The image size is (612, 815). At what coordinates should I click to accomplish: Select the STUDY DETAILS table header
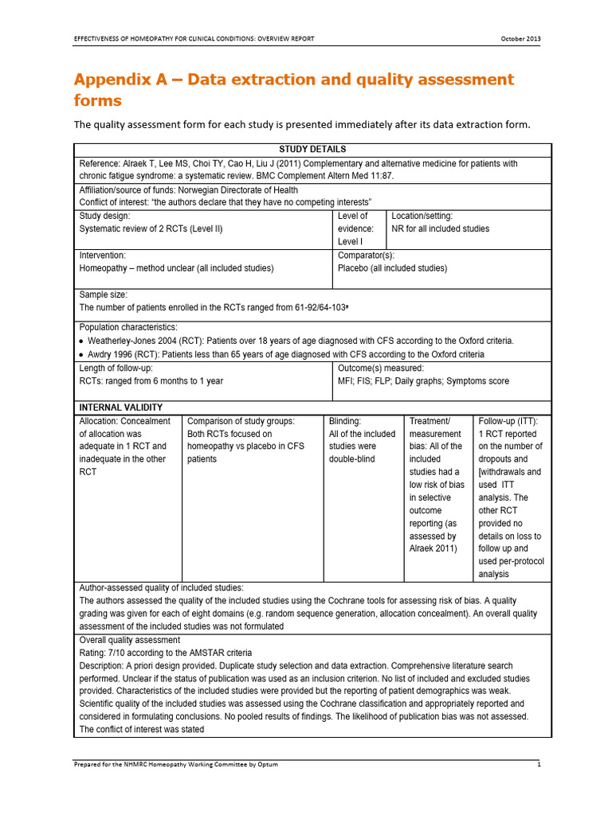[312, 150]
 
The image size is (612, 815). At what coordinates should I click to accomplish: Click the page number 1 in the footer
[539, 764]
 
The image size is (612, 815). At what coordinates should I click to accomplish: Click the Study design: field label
[104, 216]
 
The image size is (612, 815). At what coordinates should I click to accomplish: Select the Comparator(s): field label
[366, 255]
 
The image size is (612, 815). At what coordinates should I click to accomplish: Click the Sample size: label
[104, 294]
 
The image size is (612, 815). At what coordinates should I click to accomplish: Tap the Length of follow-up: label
[116, 369]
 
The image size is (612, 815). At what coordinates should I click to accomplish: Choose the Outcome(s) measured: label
[381, 369]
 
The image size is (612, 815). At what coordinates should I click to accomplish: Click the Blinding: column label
[345, 421]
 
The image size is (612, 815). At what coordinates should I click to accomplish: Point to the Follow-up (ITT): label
[508, 421]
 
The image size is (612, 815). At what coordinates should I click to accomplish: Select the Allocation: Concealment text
[125, 421]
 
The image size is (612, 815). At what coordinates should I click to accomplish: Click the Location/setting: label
[422, 216]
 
